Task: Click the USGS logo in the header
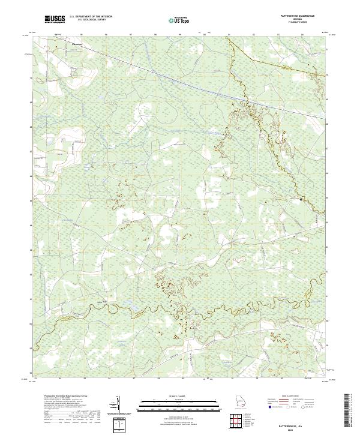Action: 55,19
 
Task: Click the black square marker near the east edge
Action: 301,199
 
